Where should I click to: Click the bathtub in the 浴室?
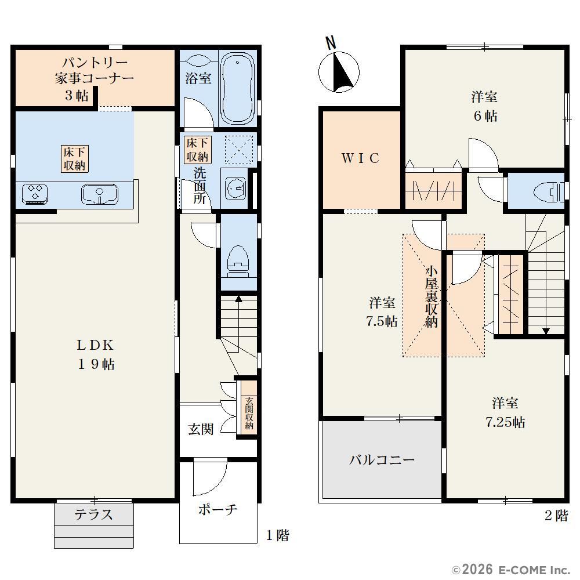[x=237, y=88]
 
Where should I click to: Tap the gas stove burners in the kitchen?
[x=35, y=194]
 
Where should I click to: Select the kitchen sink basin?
[x=100, y=194]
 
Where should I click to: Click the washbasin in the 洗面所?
[x=234, y=188]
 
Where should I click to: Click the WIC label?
[x=360, y=158]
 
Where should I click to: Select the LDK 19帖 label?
[x=96, y=355]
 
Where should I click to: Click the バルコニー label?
[x=382, y=460]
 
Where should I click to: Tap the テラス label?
[x=93, y=514]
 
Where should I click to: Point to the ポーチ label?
[x=217, y=510]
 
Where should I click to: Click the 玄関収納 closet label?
[x=249, y=413]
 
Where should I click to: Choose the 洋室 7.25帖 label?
[x=505, y=412]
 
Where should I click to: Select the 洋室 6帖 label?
[x=484, y=107]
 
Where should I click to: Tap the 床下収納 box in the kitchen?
[x=75, y=159]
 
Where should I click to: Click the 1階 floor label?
[x=278, y=535]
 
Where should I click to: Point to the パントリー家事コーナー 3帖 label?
[x=94, y=79]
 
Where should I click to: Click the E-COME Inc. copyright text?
[x=511, y=570]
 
